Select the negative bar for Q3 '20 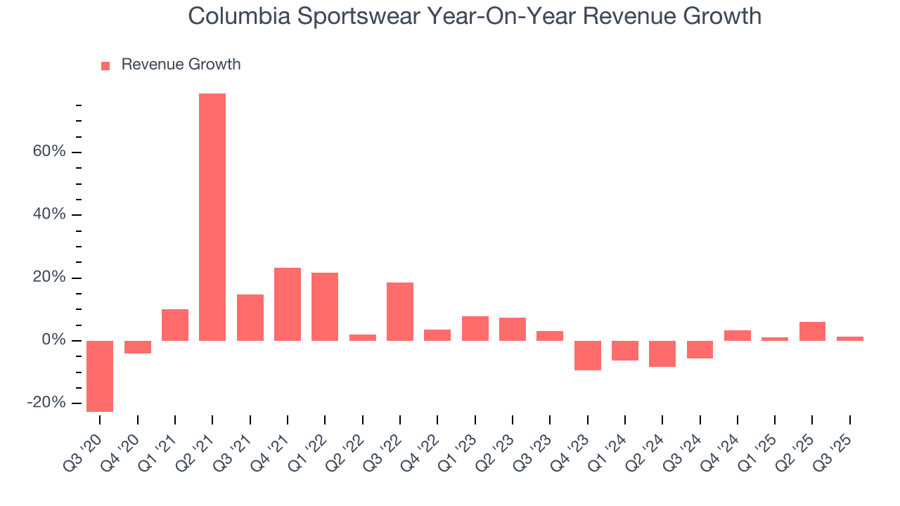coord(100,376)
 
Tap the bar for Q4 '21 coord(288,304)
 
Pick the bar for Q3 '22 coord(400,311)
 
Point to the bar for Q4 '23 coord(587,356)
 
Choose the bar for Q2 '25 coord(812,331)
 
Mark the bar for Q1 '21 coord(175,325)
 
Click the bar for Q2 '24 coord(662,353)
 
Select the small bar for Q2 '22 coord(363,337)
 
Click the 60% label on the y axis coord(49,152)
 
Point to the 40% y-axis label coord(49,214)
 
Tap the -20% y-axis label coord(46,403)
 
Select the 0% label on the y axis coord(53,340)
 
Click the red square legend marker coord(105,65)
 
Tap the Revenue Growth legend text coord(181,65)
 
